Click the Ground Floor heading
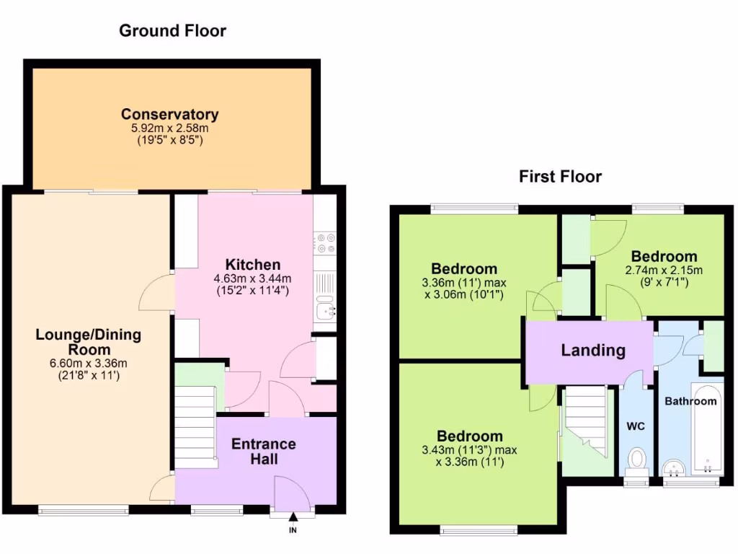pos(172,30)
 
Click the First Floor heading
pos(560,177)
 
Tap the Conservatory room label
pos(169,114)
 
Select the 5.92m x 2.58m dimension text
pos(169,128)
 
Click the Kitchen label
pos(252,265)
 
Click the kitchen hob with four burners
pos(325,242)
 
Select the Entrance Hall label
pos(263,451)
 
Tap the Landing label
pos(593,351)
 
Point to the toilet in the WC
pos(636,461)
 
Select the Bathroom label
pos(690,401)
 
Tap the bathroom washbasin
pos(675,468)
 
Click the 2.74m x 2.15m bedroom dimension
pos(664,271)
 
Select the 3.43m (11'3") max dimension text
pos(469,450)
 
